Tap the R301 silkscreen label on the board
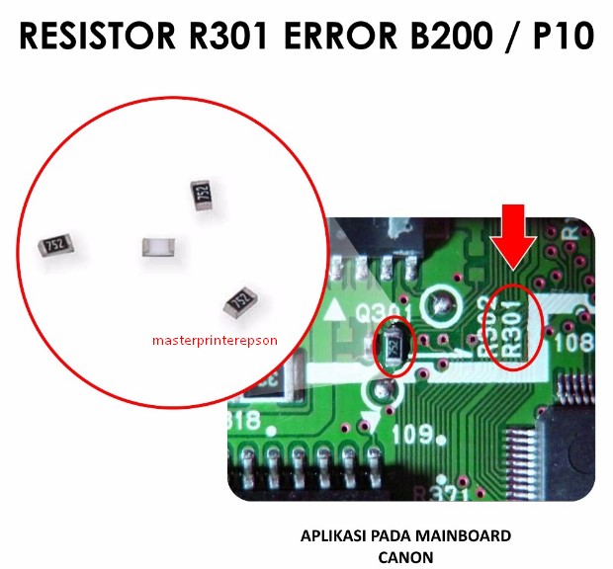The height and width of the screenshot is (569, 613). (516, 329)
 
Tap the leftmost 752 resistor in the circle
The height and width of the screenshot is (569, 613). (56, 244)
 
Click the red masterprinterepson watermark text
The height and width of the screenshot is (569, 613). (215, 340)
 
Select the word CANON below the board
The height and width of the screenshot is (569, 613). (405, 555)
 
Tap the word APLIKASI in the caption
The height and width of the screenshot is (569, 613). (331, 536)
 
